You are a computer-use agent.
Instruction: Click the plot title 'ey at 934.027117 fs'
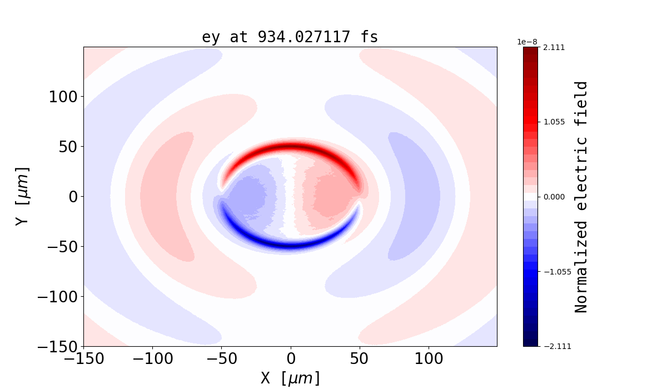[x=290, y=37]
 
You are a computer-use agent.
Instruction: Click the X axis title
[x=290, y=378]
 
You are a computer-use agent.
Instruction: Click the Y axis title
[x=22, y=196]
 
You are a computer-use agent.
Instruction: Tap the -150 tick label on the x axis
[x=83, y=359]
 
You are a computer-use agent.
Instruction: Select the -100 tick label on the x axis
[x=152, y=359]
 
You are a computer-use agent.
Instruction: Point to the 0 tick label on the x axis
[x=290, y=359]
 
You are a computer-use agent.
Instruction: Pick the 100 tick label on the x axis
[x=429, y=359]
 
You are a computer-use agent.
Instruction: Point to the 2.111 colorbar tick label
[x=554, y=48]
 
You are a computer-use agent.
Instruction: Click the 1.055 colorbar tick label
[x=554, y=122]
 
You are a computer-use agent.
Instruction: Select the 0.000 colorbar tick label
[x=554, y=197]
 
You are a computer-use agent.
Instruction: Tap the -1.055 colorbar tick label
[x=552, y=272]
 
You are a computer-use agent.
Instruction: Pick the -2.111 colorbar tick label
[x=552, y=346]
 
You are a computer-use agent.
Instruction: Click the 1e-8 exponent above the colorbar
[x=527, y=42]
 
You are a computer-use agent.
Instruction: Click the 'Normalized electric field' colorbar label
[x=581, y=197]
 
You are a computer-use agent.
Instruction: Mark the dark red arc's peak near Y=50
[x=290, y=147]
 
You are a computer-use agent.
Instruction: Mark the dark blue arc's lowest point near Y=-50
[x=290, y=245]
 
